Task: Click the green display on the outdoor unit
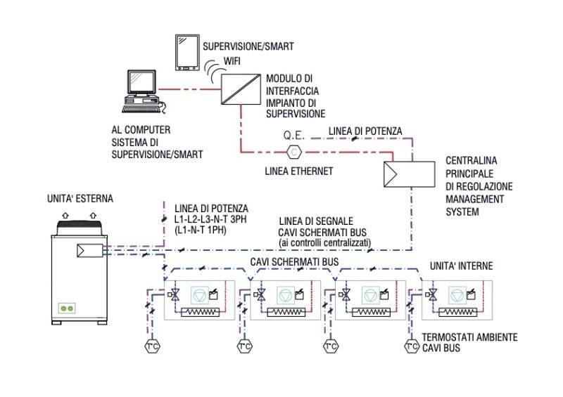67,308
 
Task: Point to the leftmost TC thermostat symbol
151,346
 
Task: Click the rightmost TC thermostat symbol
412,346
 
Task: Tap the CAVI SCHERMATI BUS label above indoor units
296,261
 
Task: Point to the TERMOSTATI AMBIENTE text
469,337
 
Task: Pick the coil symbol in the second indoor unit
288,310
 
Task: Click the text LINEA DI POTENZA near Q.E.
366,131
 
